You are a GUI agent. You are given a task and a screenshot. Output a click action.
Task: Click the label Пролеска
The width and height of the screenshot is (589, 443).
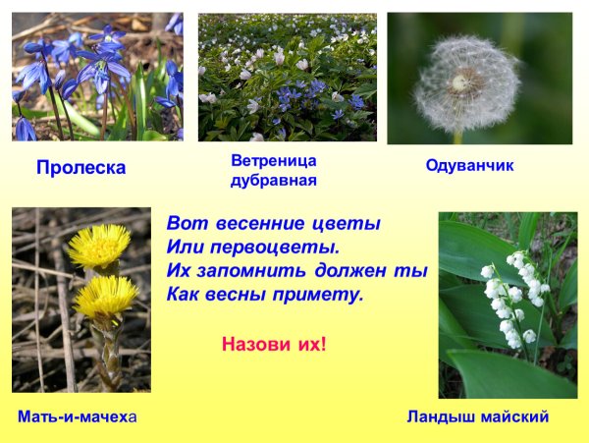(80, 168)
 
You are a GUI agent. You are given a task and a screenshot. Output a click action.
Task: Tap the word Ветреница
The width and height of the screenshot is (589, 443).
(273, 159)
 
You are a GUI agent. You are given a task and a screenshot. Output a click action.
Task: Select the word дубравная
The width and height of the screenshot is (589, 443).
(273, 181)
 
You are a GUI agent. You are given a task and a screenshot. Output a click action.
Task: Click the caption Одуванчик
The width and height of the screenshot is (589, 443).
(469, 166)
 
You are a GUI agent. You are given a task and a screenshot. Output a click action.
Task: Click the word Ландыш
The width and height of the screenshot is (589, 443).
(438, 416)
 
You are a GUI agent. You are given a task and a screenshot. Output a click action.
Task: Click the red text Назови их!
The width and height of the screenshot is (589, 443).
(274, 345)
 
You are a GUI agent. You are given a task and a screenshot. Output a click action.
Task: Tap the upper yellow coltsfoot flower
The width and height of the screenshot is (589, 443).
(99, 246)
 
